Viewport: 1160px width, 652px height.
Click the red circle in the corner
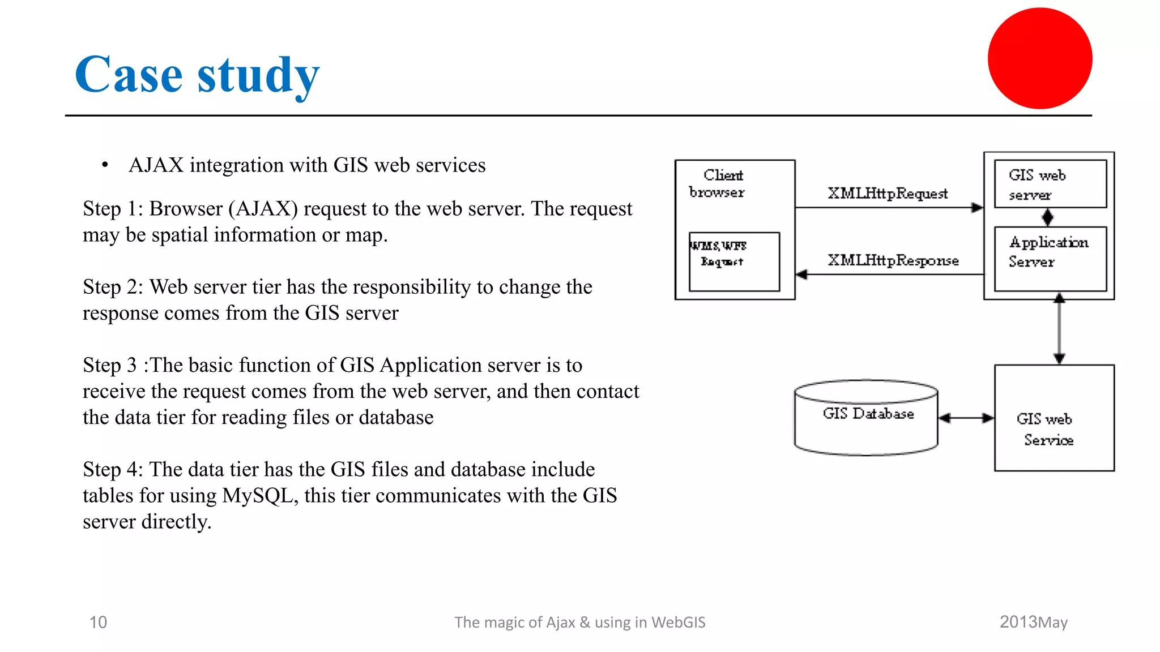click(x=1039, y=58)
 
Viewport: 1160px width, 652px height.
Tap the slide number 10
click(x=98, y=622)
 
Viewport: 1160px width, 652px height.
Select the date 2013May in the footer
click(x=1033, y=622)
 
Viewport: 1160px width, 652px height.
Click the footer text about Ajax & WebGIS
click(x=579, y=622)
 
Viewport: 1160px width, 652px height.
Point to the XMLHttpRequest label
click(x=887, y=194)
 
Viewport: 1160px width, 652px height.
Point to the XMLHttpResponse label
click(x=893, y=260)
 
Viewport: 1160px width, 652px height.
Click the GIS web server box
click(x=1050, y=184)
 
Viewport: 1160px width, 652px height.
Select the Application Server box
click(x=1050, y=259)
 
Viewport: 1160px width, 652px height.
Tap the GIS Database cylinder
click(x=865, y=419)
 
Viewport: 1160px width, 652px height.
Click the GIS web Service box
click(x=1054, y=418)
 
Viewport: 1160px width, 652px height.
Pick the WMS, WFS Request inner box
click(x=734, y=261)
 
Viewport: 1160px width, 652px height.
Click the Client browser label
click(x=718, y=183)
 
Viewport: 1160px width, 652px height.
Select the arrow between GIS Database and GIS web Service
click(x=966, y=418)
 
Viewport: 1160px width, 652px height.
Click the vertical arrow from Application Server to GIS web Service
click(x=1059, y=329)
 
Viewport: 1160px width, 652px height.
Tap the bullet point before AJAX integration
click(x=105, y=165)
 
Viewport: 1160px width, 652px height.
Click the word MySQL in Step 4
click(x=258, y=496)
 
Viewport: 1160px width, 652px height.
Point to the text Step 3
click(x=109, y=366)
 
